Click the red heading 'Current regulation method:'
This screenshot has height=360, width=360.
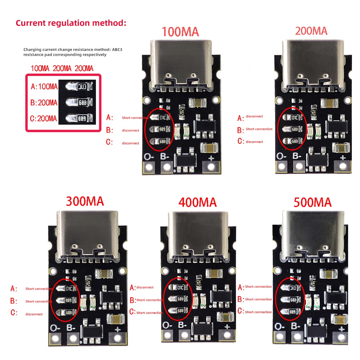tap(71, 23)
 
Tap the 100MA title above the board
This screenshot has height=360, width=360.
tap(180, 32)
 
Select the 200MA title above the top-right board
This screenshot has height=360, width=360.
tap(311, 31)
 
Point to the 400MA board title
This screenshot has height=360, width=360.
tap(197, 202)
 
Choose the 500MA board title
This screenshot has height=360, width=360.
tap(312, 202)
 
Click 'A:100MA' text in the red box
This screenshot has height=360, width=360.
tap(44, 87)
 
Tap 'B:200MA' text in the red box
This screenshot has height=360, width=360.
tap(44, 103)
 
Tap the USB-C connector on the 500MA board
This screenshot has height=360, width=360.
tap(312, 236)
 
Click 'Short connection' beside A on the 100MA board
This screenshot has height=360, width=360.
tap(135, 118)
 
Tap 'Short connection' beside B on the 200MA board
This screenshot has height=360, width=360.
tap(259, 129)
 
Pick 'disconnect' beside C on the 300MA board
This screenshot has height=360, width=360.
tap(34, 314)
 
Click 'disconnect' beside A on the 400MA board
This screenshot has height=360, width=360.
tap(145, 287)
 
